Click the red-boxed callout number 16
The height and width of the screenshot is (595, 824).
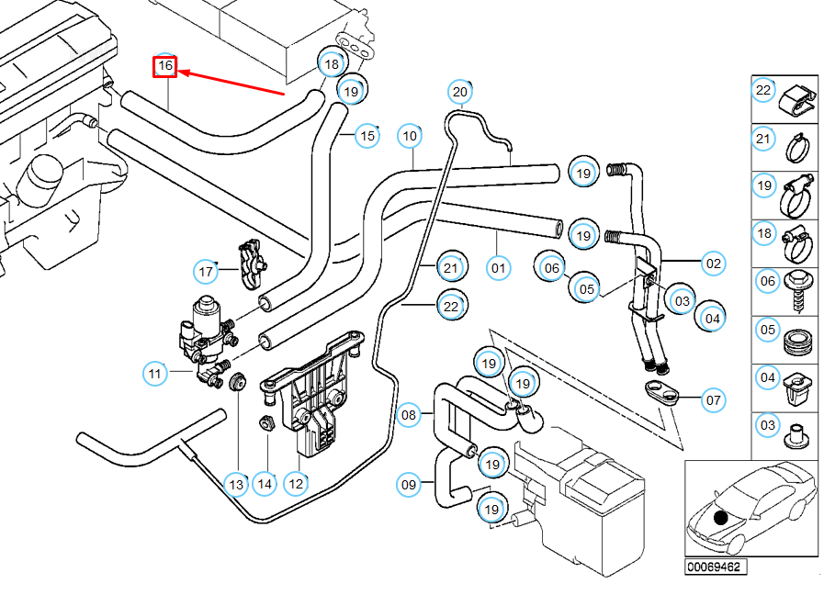[165, 66]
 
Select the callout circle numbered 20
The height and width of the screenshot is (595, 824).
[460, 92]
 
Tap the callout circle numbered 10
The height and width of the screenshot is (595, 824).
[410, 136]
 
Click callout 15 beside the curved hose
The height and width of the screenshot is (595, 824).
[367, 136]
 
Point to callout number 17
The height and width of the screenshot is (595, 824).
[206, 272]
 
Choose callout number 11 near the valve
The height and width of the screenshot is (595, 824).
[155, 374]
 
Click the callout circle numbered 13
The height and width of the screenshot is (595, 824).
[236, 484]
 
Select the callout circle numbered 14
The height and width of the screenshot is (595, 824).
[265, 484]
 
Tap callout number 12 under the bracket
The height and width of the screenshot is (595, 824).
[296, 484]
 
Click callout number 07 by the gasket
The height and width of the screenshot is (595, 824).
[714, 400]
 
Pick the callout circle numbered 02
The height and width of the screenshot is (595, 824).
[714, 264]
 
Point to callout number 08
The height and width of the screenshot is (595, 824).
[410, 415]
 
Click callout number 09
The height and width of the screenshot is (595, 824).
[410, 483]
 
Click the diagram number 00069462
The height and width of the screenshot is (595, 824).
[712, 567]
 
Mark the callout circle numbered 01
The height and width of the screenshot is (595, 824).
[498, 268]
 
